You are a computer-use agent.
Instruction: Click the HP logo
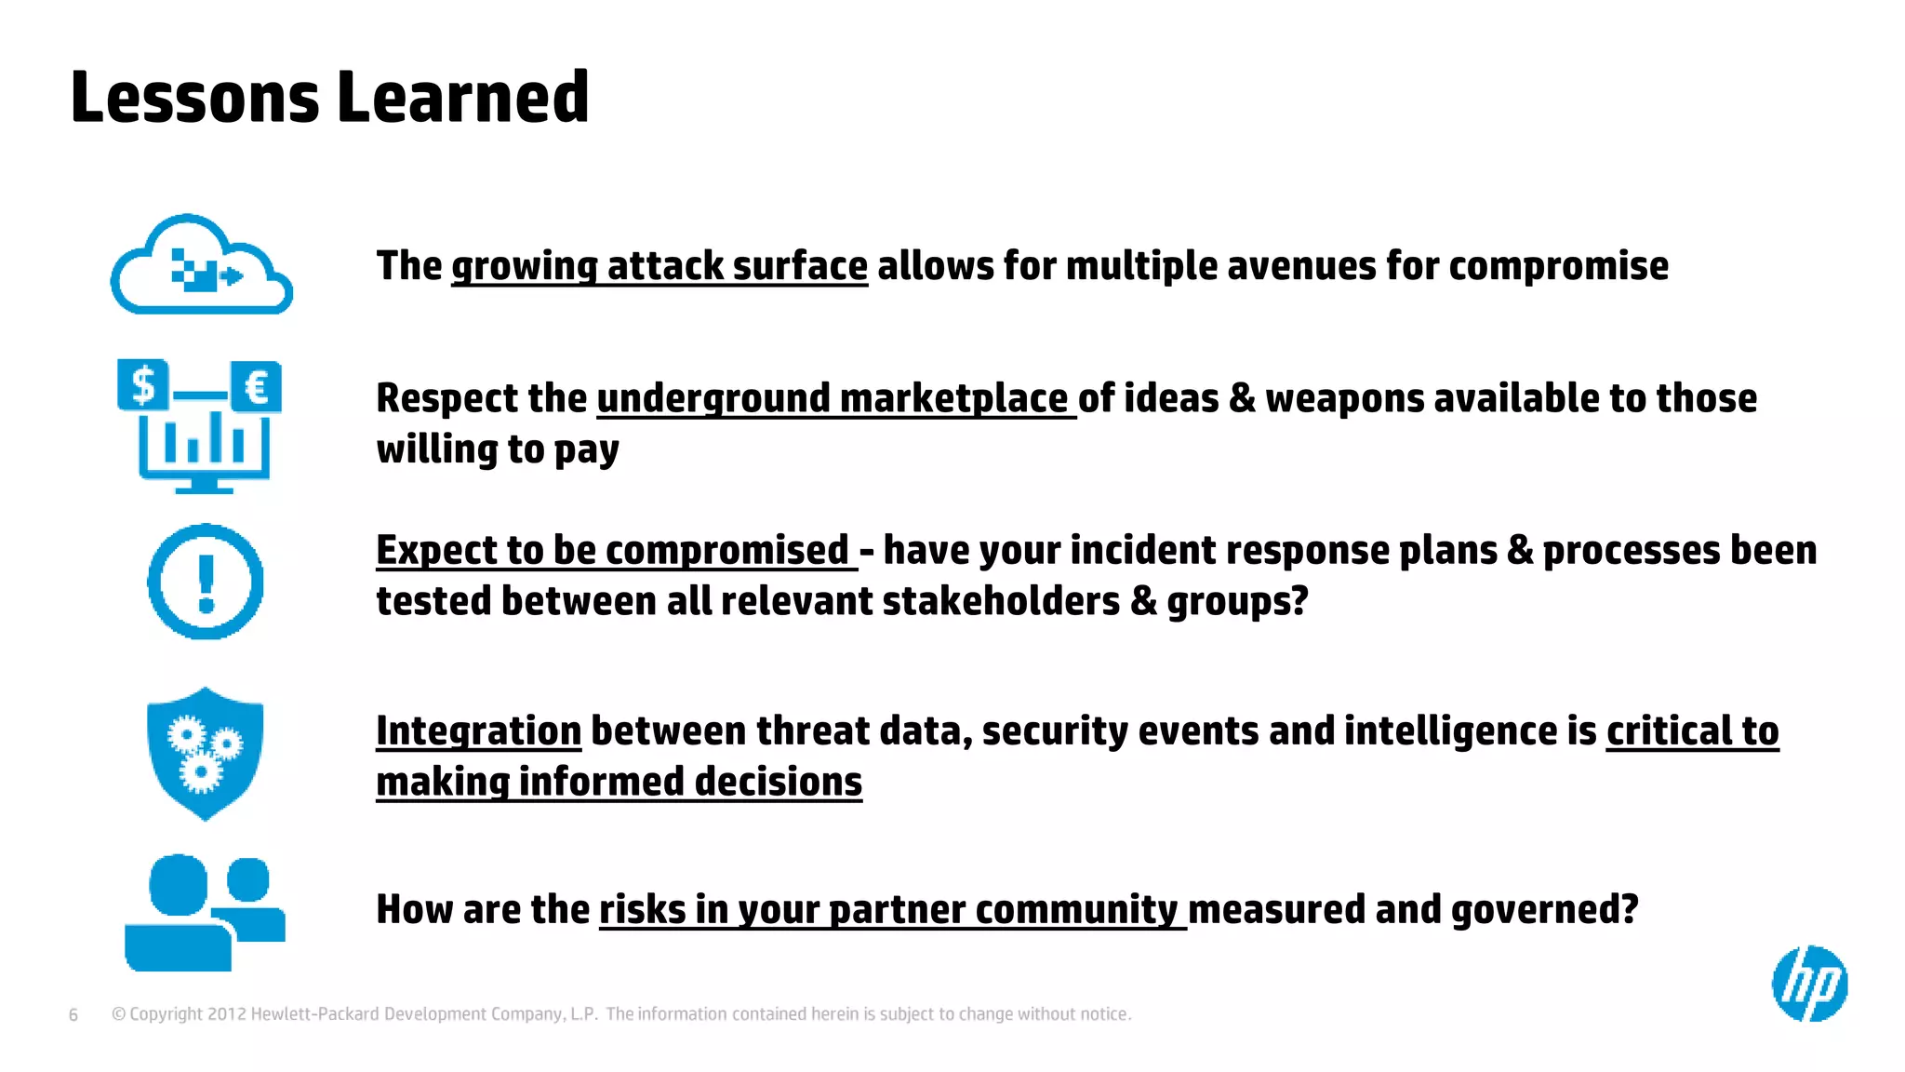pos(1809,984)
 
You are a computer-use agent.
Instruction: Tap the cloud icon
pos(201,266)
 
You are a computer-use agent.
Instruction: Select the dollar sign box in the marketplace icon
pos(143,384)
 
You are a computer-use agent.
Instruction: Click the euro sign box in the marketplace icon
pos(256,386)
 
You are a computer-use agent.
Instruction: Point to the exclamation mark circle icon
pos(206,582)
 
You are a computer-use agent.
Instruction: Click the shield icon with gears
pos(206,753)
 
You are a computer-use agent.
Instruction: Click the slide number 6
pos(73,1014)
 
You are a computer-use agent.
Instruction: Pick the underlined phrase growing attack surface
pos(659,266)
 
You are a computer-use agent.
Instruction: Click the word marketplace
pos(953,398)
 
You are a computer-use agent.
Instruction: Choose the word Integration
pos(478,730)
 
